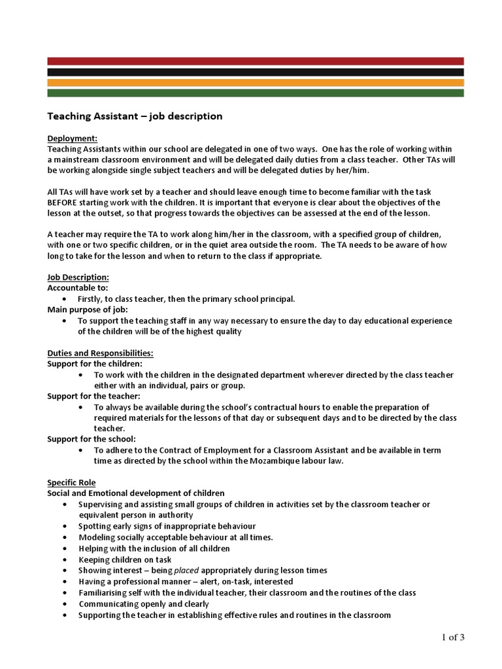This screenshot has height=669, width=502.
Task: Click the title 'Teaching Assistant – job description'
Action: [135, 116]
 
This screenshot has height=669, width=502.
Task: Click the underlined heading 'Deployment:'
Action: [73, 139]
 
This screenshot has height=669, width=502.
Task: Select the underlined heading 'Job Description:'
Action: [78, 276]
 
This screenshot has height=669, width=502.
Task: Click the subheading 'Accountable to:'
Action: [78, 287]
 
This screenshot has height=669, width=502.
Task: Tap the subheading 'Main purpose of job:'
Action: [88, 309]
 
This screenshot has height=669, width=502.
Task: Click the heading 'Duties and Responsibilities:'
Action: [100, 353]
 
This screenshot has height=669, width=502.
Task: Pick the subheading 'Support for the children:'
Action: [94, 363]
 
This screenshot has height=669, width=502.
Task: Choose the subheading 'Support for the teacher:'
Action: [93, 396]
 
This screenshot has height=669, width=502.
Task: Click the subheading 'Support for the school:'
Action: [91, 438]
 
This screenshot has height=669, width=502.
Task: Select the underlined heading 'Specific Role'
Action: [71, 482]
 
